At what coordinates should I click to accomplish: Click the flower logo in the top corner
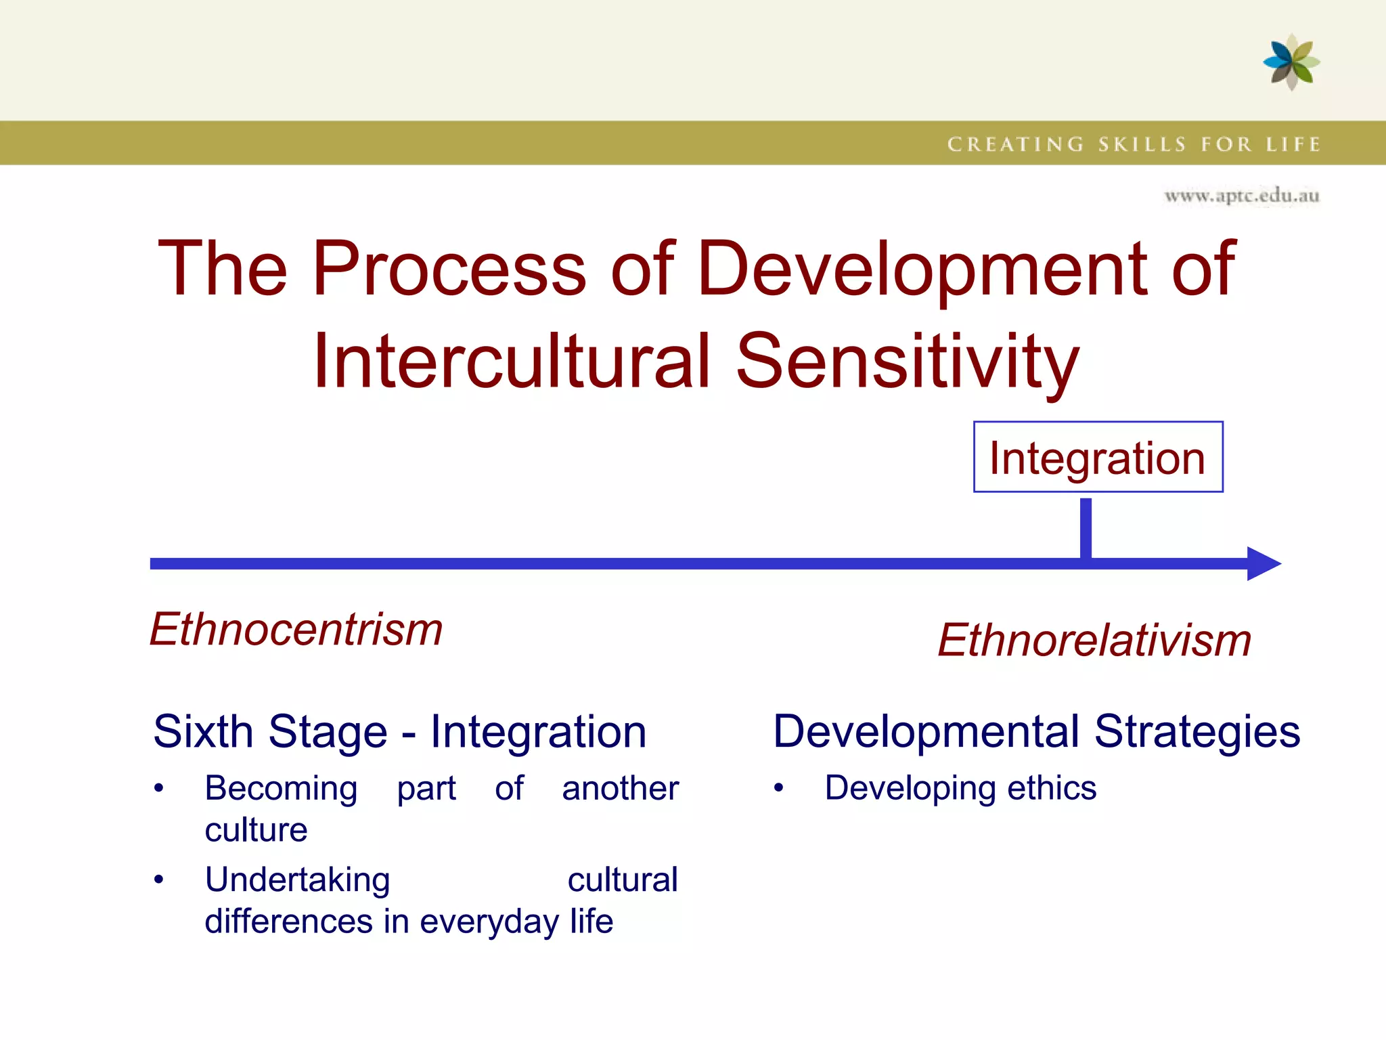(1291, 62)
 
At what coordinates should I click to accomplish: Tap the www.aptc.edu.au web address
(1241, 196)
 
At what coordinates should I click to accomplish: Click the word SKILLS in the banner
(1142, 144)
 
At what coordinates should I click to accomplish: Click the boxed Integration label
(1098, 458)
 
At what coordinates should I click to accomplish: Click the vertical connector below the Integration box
(1086, 528)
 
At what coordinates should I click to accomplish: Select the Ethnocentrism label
(296, 629)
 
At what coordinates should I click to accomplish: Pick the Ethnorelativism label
(1094, 640)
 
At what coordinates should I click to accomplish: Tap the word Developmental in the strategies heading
(926, 732)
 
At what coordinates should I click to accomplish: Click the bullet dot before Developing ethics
(779, 788)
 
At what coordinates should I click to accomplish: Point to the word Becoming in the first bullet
(281, 789)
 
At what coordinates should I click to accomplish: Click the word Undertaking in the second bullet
(297, 880)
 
